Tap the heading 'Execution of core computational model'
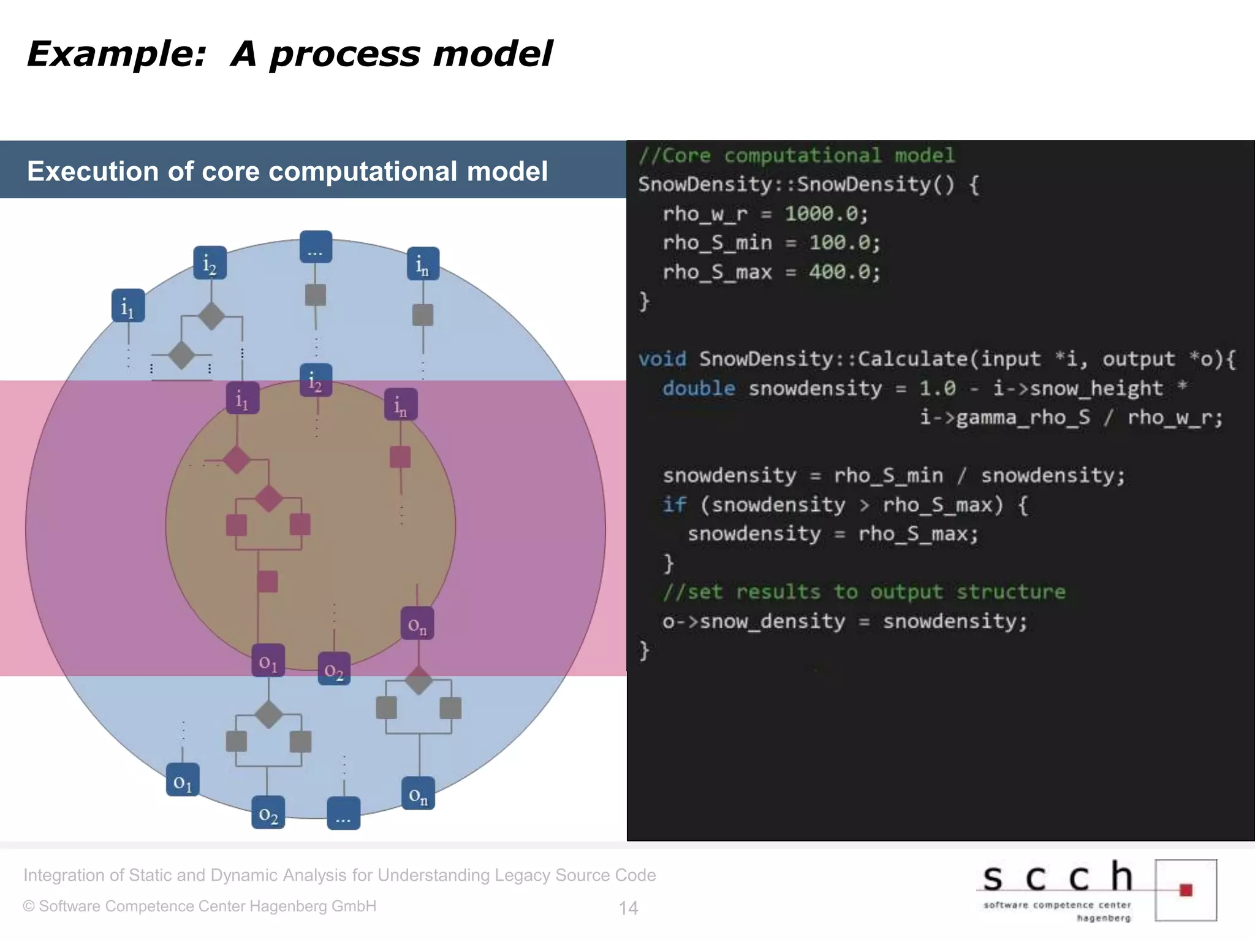click(287, 171)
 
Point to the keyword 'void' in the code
click(662, 359)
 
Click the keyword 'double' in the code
click(699, 388)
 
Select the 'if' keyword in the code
click(673, 505)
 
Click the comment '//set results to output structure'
click(863, 592)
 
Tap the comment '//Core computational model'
click(796, 155)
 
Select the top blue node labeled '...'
click(316, 247)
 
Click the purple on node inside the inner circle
click(417, 624)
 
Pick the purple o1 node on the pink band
click(268, 661)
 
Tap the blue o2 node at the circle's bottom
click(268, 813)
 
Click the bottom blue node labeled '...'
click(343, 814)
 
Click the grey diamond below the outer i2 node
click(211, 316)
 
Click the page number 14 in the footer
click(628, 908)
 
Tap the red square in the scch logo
click(1186, 890)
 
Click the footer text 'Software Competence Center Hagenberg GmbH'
click(207, 906)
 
